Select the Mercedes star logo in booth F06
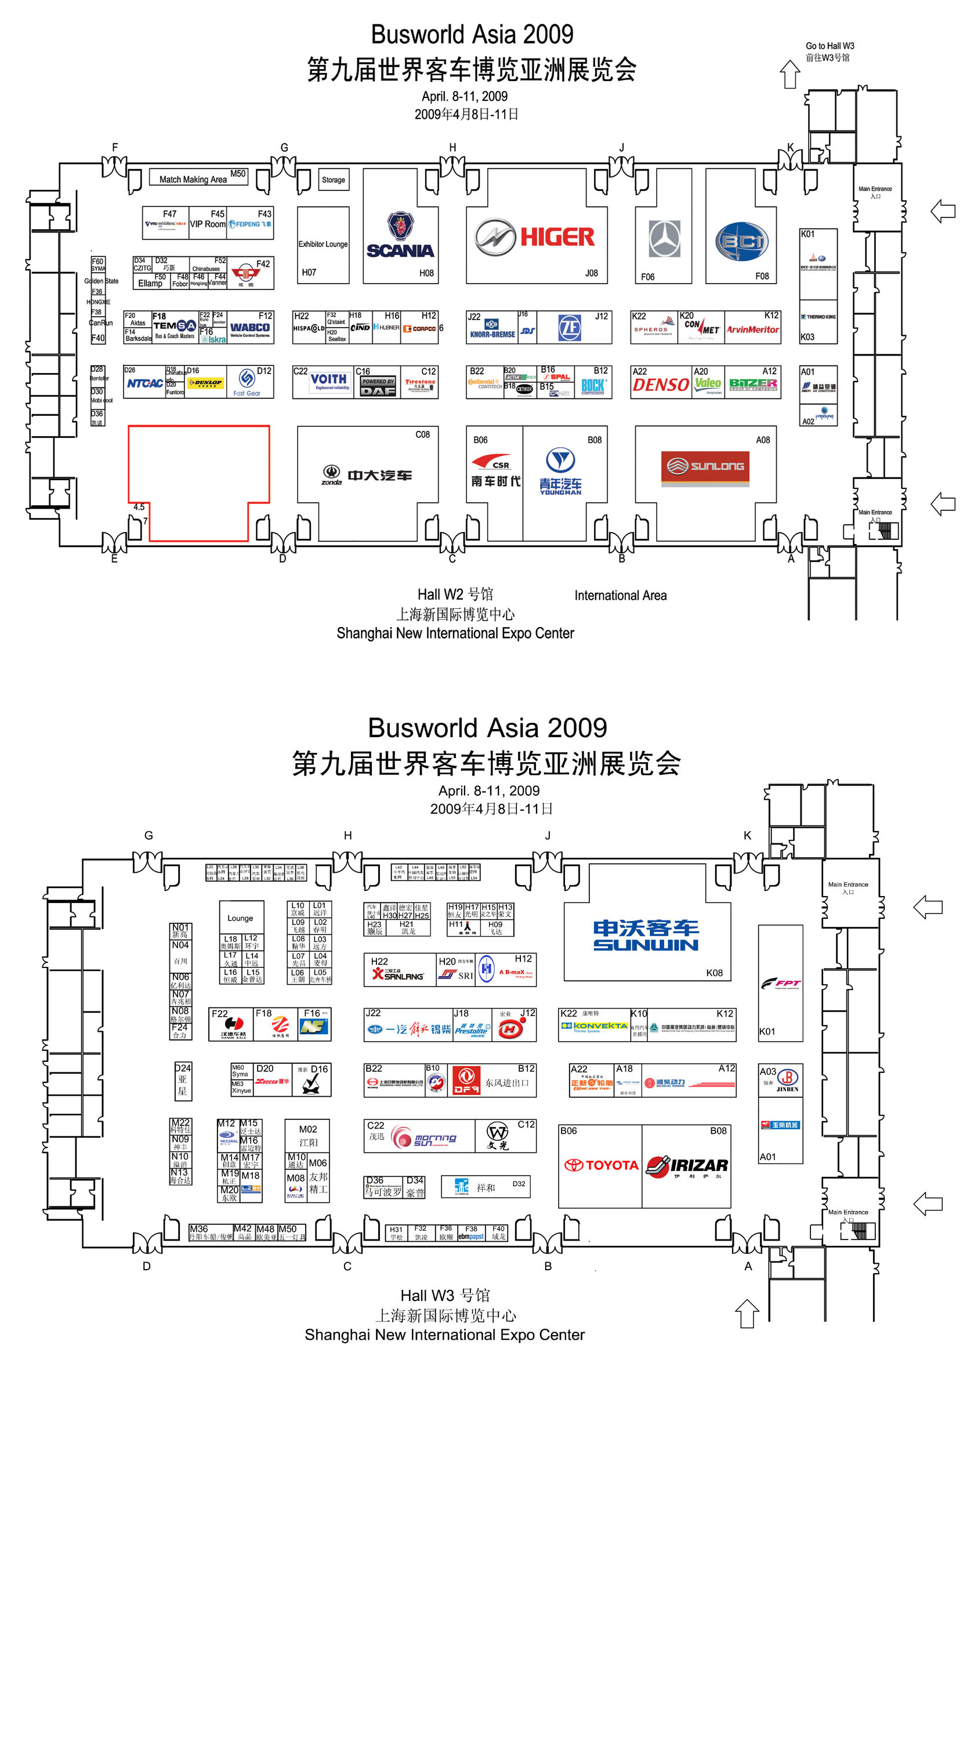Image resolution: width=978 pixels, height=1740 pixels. [665, 238]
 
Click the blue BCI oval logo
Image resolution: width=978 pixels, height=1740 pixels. [741, 241]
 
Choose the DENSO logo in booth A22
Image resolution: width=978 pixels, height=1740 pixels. [661, 385]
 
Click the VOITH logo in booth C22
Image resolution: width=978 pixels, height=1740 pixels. [329, 380]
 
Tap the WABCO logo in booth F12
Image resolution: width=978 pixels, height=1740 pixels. [250, 328]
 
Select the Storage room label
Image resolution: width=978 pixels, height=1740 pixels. [333, 180]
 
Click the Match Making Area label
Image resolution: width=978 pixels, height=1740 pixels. [193, 180]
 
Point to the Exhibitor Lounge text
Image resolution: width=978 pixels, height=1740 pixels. [323, 244]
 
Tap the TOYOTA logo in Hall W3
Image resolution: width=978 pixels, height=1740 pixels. [601, 1165]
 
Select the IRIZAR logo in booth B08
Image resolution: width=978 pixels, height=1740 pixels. [687, 1166]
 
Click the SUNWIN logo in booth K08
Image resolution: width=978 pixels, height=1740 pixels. [646, 936]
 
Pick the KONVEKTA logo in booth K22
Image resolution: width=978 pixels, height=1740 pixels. [595, 1026]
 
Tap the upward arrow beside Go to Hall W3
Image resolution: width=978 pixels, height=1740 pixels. [789, 74]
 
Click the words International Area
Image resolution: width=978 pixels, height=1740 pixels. [620, 595]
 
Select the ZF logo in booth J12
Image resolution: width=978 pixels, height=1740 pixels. [570, 328]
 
